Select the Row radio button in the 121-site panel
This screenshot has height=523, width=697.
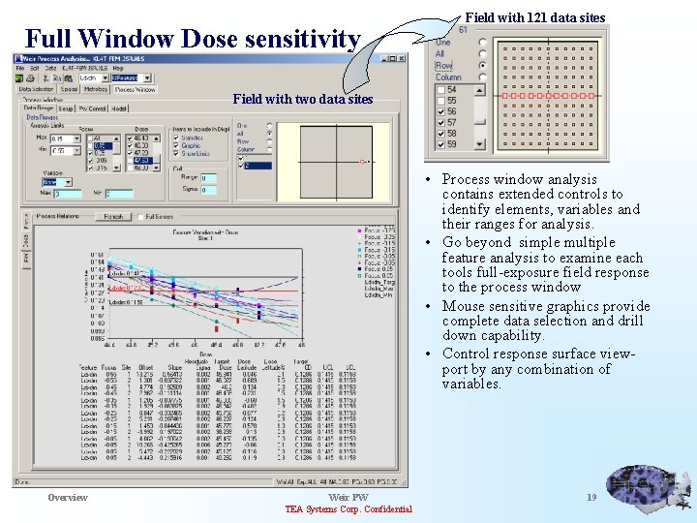[x=482, y=65]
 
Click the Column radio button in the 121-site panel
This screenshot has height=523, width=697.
[x=482, y=77]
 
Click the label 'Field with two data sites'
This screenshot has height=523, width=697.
[x=302, y=100]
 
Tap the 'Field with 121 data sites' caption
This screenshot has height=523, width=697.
[x=535, y=17]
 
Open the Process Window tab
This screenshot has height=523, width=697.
[x=135, y=89]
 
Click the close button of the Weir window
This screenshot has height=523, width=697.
[x=402, y=58]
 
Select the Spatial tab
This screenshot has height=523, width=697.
[x=69, y=89]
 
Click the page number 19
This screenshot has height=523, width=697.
[x=591, y=498]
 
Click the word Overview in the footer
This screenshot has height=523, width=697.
[x=68, y=498]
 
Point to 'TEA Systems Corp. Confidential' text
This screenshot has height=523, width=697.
[x=348, y=510]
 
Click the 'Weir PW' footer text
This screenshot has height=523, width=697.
[x=348, y=498]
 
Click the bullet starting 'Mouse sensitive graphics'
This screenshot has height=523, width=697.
[x=546, y=321]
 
